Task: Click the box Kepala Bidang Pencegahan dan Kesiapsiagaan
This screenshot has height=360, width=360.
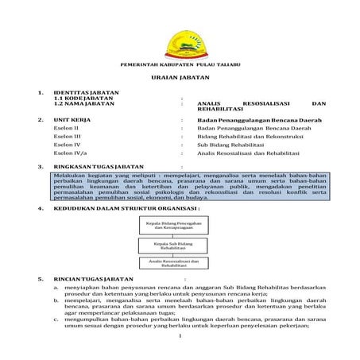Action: (x=172, y=226)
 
